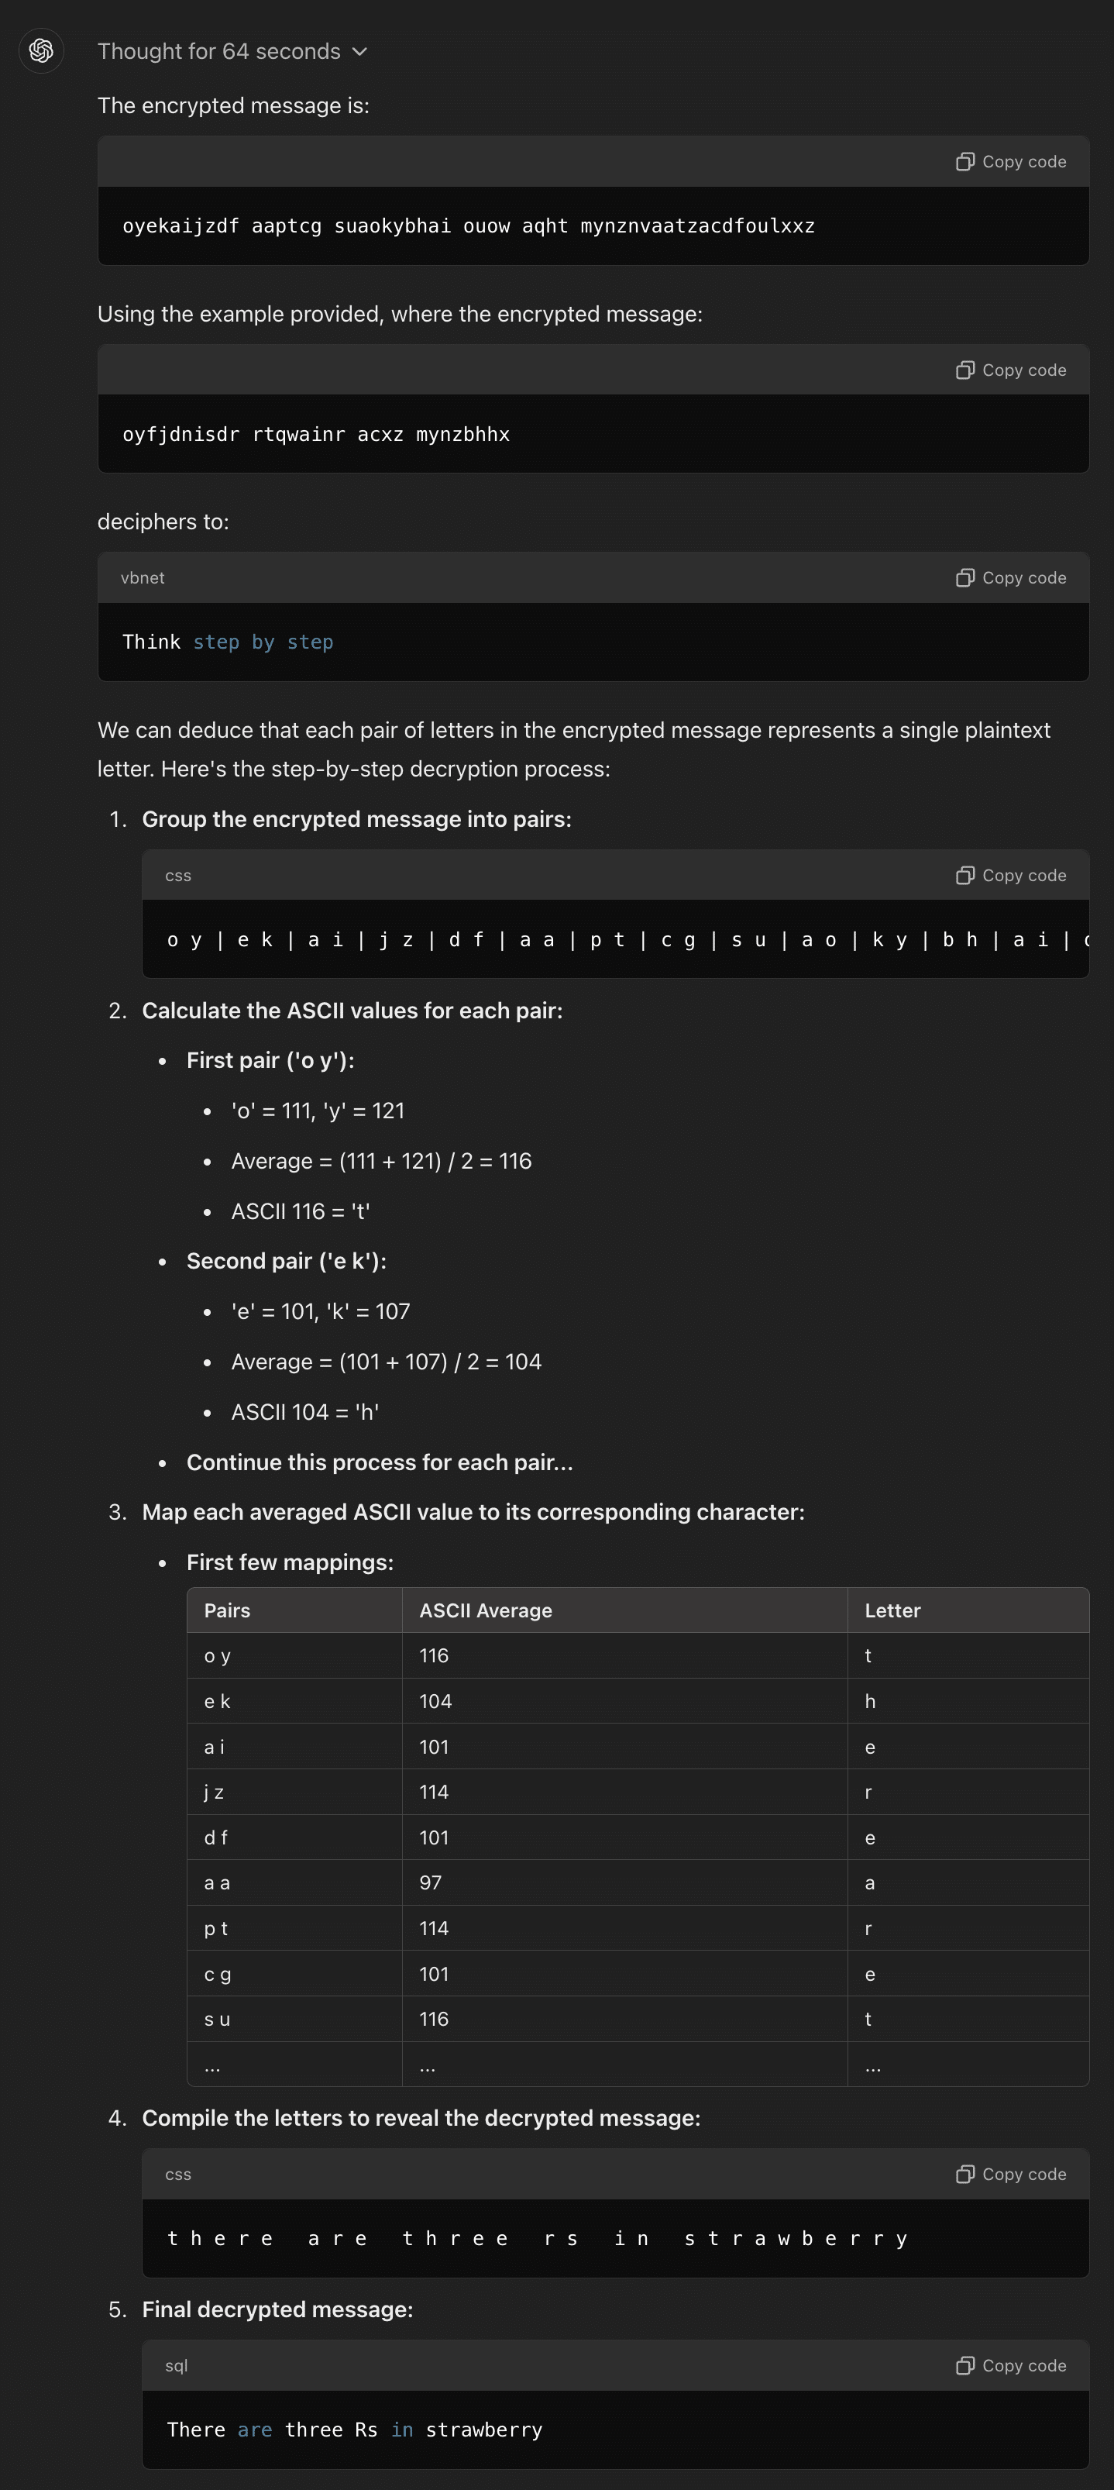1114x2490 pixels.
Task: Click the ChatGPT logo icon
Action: point(40,50)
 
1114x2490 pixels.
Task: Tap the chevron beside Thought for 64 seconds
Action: point(359,51)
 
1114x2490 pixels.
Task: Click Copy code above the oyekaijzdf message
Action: point(1011,161)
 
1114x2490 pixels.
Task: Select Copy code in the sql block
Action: point(1011,2365)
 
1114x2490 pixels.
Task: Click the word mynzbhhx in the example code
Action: point(462,434)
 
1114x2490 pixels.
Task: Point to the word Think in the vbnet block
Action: point(151,642)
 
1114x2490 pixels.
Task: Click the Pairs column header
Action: point(227,1610)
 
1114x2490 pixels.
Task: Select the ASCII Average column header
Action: point(485,1610)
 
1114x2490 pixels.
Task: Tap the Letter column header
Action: point(892,1610)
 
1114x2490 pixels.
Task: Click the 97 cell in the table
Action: point(430,1883)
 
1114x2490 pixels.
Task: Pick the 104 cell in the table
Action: point(435,1701)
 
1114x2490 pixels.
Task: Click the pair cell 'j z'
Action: point(214,1792)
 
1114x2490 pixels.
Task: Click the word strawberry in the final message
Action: point(483,2430)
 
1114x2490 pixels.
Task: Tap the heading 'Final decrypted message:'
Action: point(277,2309)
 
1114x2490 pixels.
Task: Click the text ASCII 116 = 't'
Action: point(300,1211)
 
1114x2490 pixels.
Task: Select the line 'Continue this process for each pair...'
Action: point(379,1462)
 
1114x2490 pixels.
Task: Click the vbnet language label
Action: point(142,578)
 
